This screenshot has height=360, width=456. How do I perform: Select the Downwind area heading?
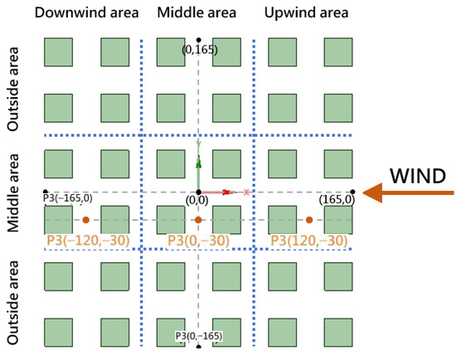[x=81, y=12]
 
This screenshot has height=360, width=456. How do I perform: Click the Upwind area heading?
[x=306, y=12]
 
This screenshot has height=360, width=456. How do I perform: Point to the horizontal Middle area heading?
[x=197, y=12]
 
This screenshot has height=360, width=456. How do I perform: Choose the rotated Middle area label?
[x=13, y=192]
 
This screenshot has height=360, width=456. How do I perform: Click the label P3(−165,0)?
[x=67, y=200]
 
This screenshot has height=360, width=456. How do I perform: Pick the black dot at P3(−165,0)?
[x=45, y=192]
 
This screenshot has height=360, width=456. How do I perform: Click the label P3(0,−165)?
[x=197, y=336]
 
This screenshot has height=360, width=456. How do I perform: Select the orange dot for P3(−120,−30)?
[x=86, y=220]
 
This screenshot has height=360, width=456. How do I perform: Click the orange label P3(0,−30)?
[x=198, y=240]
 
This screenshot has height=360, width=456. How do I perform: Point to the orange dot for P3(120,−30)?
[x=309, y=220]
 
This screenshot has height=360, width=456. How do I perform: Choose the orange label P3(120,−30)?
[x=308, y=240]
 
